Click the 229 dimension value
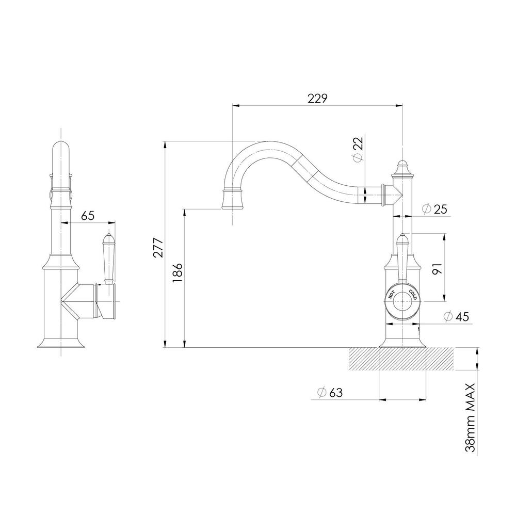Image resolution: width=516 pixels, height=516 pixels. point(317,98)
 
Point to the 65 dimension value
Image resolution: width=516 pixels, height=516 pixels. point(88,216)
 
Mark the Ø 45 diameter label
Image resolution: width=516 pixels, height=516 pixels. point(456,317)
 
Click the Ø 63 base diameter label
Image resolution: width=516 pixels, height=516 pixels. point(329,392)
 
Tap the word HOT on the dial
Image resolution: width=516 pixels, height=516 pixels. point(392,296)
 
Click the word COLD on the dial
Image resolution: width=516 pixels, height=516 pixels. point(413,296)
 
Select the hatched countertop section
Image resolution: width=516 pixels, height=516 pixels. point(402,359)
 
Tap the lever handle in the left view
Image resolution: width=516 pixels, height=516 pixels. point(108,258)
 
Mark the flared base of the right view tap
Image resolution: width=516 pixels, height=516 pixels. point(402,342)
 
